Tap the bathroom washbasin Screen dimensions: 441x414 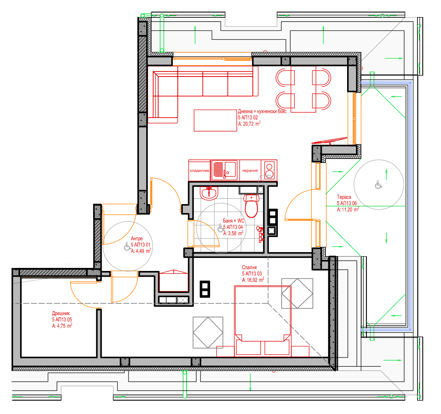click(x=209, y=193)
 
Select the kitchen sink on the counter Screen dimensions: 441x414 click(x=224, y=170)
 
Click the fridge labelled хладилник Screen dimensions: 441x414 click(x=199, y=170)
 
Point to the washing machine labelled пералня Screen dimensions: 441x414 click(x=250, y=170)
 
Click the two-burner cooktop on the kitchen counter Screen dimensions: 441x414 click(x=269, y=170)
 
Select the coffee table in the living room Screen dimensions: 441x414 click(x=215, y=120)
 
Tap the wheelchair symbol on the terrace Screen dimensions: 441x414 click(x=379, y=185)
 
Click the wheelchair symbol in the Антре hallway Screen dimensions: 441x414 click(x=127, y=246)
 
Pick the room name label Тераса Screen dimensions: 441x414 click(x=344, y=197)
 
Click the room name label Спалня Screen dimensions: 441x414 click(x=249, y=268)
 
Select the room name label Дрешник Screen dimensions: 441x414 click(x=61, y=313)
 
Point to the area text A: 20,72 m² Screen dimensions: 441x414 click(x=249, y=123)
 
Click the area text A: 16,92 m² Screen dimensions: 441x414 click(x=253, y=280)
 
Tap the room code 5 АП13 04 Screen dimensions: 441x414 click(x=233, y=227)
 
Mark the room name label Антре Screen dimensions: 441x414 click(x=137, y=238)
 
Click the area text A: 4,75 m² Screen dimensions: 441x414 click(x=62, y=326)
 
